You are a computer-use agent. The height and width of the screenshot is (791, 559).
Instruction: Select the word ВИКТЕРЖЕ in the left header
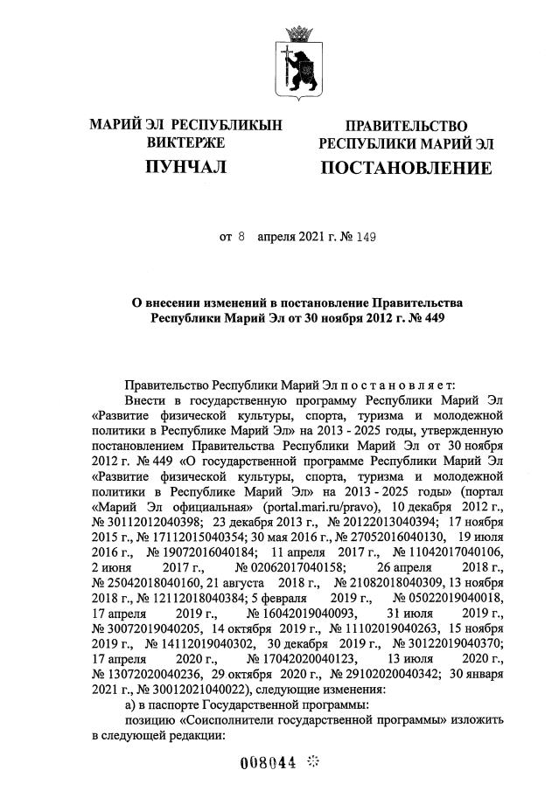[185, 142]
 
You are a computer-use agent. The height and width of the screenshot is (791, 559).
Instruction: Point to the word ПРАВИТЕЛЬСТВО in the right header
[406, 126]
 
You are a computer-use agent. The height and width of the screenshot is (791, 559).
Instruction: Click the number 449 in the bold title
[430, 318]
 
